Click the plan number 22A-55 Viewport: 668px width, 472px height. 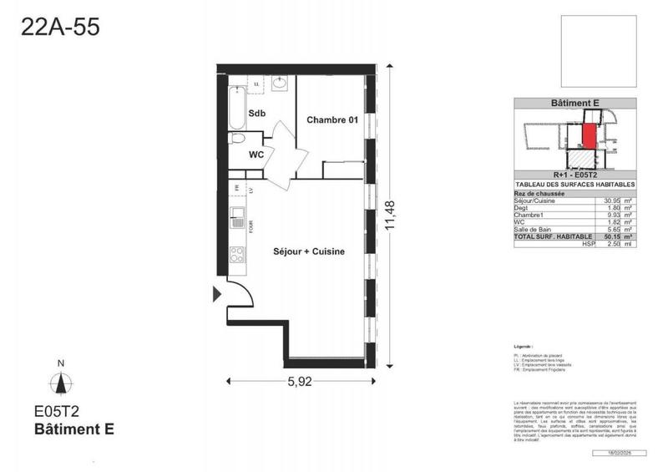[x=60, y=27]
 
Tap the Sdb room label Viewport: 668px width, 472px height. [x=256, y=113]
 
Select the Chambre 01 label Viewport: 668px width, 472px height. [x=332, y=120]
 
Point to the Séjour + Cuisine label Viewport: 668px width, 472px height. [x=310, y=251]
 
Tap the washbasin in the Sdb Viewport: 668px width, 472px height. [x=281, y=84]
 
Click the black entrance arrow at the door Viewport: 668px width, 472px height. [x=218, y=292]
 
